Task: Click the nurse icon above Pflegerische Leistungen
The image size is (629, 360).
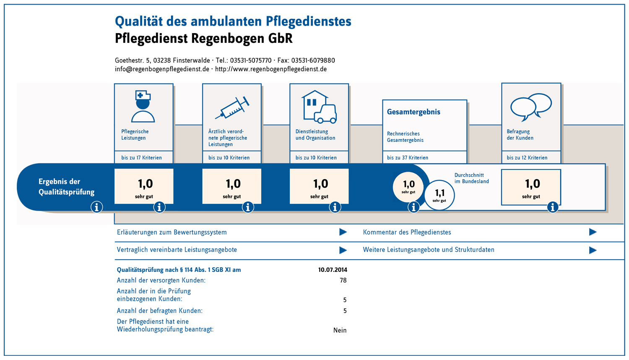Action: [143, 107]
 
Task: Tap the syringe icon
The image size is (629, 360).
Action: [232, 108]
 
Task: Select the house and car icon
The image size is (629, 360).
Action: [319, 107]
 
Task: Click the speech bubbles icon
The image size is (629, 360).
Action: [531, 106]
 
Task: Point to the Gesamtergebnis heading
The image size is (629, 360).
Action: [413, 112]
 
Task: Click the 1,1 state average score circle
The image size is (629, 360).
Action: [439, 195]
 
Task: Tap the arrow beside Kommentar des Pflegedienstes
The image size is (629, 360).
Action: [593, 232]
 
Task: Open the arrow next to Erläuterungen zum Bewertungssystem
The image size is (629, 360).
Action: [343, 232]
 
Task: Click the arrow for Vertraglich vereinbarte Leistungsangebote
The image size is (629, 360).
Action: [343, 250]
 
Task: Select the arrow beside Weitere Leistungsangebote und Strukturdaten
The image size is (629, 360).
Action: [593, 250]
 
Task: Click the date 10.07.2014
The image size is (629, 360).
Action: [333, 270]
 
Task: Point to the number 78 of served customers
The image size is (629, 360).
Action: [343, 280]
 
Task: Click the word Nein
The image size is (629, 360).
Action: [340, 330]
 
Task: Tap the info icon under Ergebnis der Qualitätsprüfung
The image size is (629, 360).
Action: [97, 207]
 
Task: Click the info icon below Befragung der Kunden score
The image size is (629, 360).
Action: [553, 207]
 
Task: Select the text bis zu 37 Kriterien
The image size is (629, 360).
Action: [408, 158]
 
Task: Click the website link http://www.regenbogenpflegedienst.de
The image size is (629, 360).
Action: [271, 69]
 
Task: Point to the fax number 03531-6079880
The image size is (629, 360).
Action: [313, 60]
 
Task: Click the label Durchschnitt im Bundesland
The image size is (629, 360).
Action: [472, 178]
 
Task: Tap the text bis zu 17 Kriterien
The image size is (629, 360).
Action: [141, 158]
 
